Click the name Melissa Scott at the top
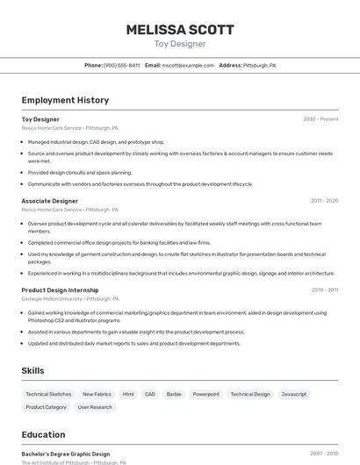point(180,29)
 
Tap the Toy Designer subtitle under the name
point(180,44)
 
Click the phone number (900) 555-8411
point(121,65)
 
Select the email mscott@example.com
point(188,65)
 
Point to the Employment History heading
point(65,100)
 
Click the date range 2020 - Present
point(320,119)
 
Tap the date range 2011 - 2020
point(324,201)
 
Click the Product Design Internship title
point(60,290)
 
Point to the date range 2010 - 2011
point(324,290)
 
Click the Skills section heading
point(32,370)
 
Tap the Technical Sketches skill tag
point(48,395)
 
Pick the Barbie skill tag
point(174,395)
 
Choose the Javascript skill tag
point(294,395)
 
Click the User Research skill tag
point(95,407)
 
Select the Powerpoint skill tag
point(206,395)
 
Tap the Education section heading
point(43,434)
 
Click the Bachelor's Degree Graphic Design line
point(66,454)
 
